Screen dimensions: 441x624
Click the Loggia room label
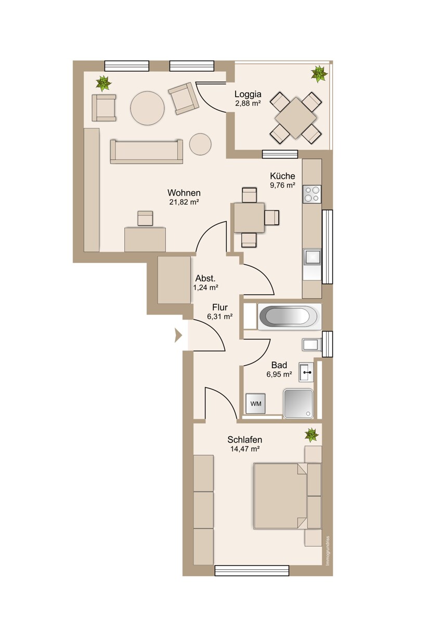248,94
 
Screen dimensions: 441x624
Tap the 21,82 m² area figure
184,202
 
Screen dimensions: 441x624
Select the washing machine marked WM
255,404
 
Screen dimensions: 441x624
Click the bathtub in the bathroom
290,317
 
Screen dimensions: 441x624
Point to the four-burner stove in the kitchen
312,194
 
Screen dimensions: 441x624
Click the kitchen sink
312,256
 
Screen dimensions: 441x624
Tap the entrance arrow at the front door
178,335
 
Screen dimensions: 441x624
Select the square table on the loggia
296,118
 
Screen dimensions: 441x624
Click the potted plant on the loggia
319,73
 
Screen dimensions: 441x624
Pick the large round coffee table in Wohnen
147,108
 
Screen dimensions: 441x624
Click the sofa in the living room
147,151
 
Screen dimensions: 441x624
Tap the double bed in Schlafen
287,496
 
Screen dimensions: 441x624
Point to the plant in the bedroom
312,435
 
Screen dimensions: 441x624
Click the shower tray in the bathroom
299,404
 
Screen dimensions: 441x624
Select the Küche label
282,176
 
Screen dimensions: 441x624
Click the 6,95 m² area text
279,374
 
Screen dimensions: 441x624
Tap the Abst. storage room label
205,278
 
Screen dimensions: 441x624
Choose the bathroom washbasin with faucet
306,372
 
